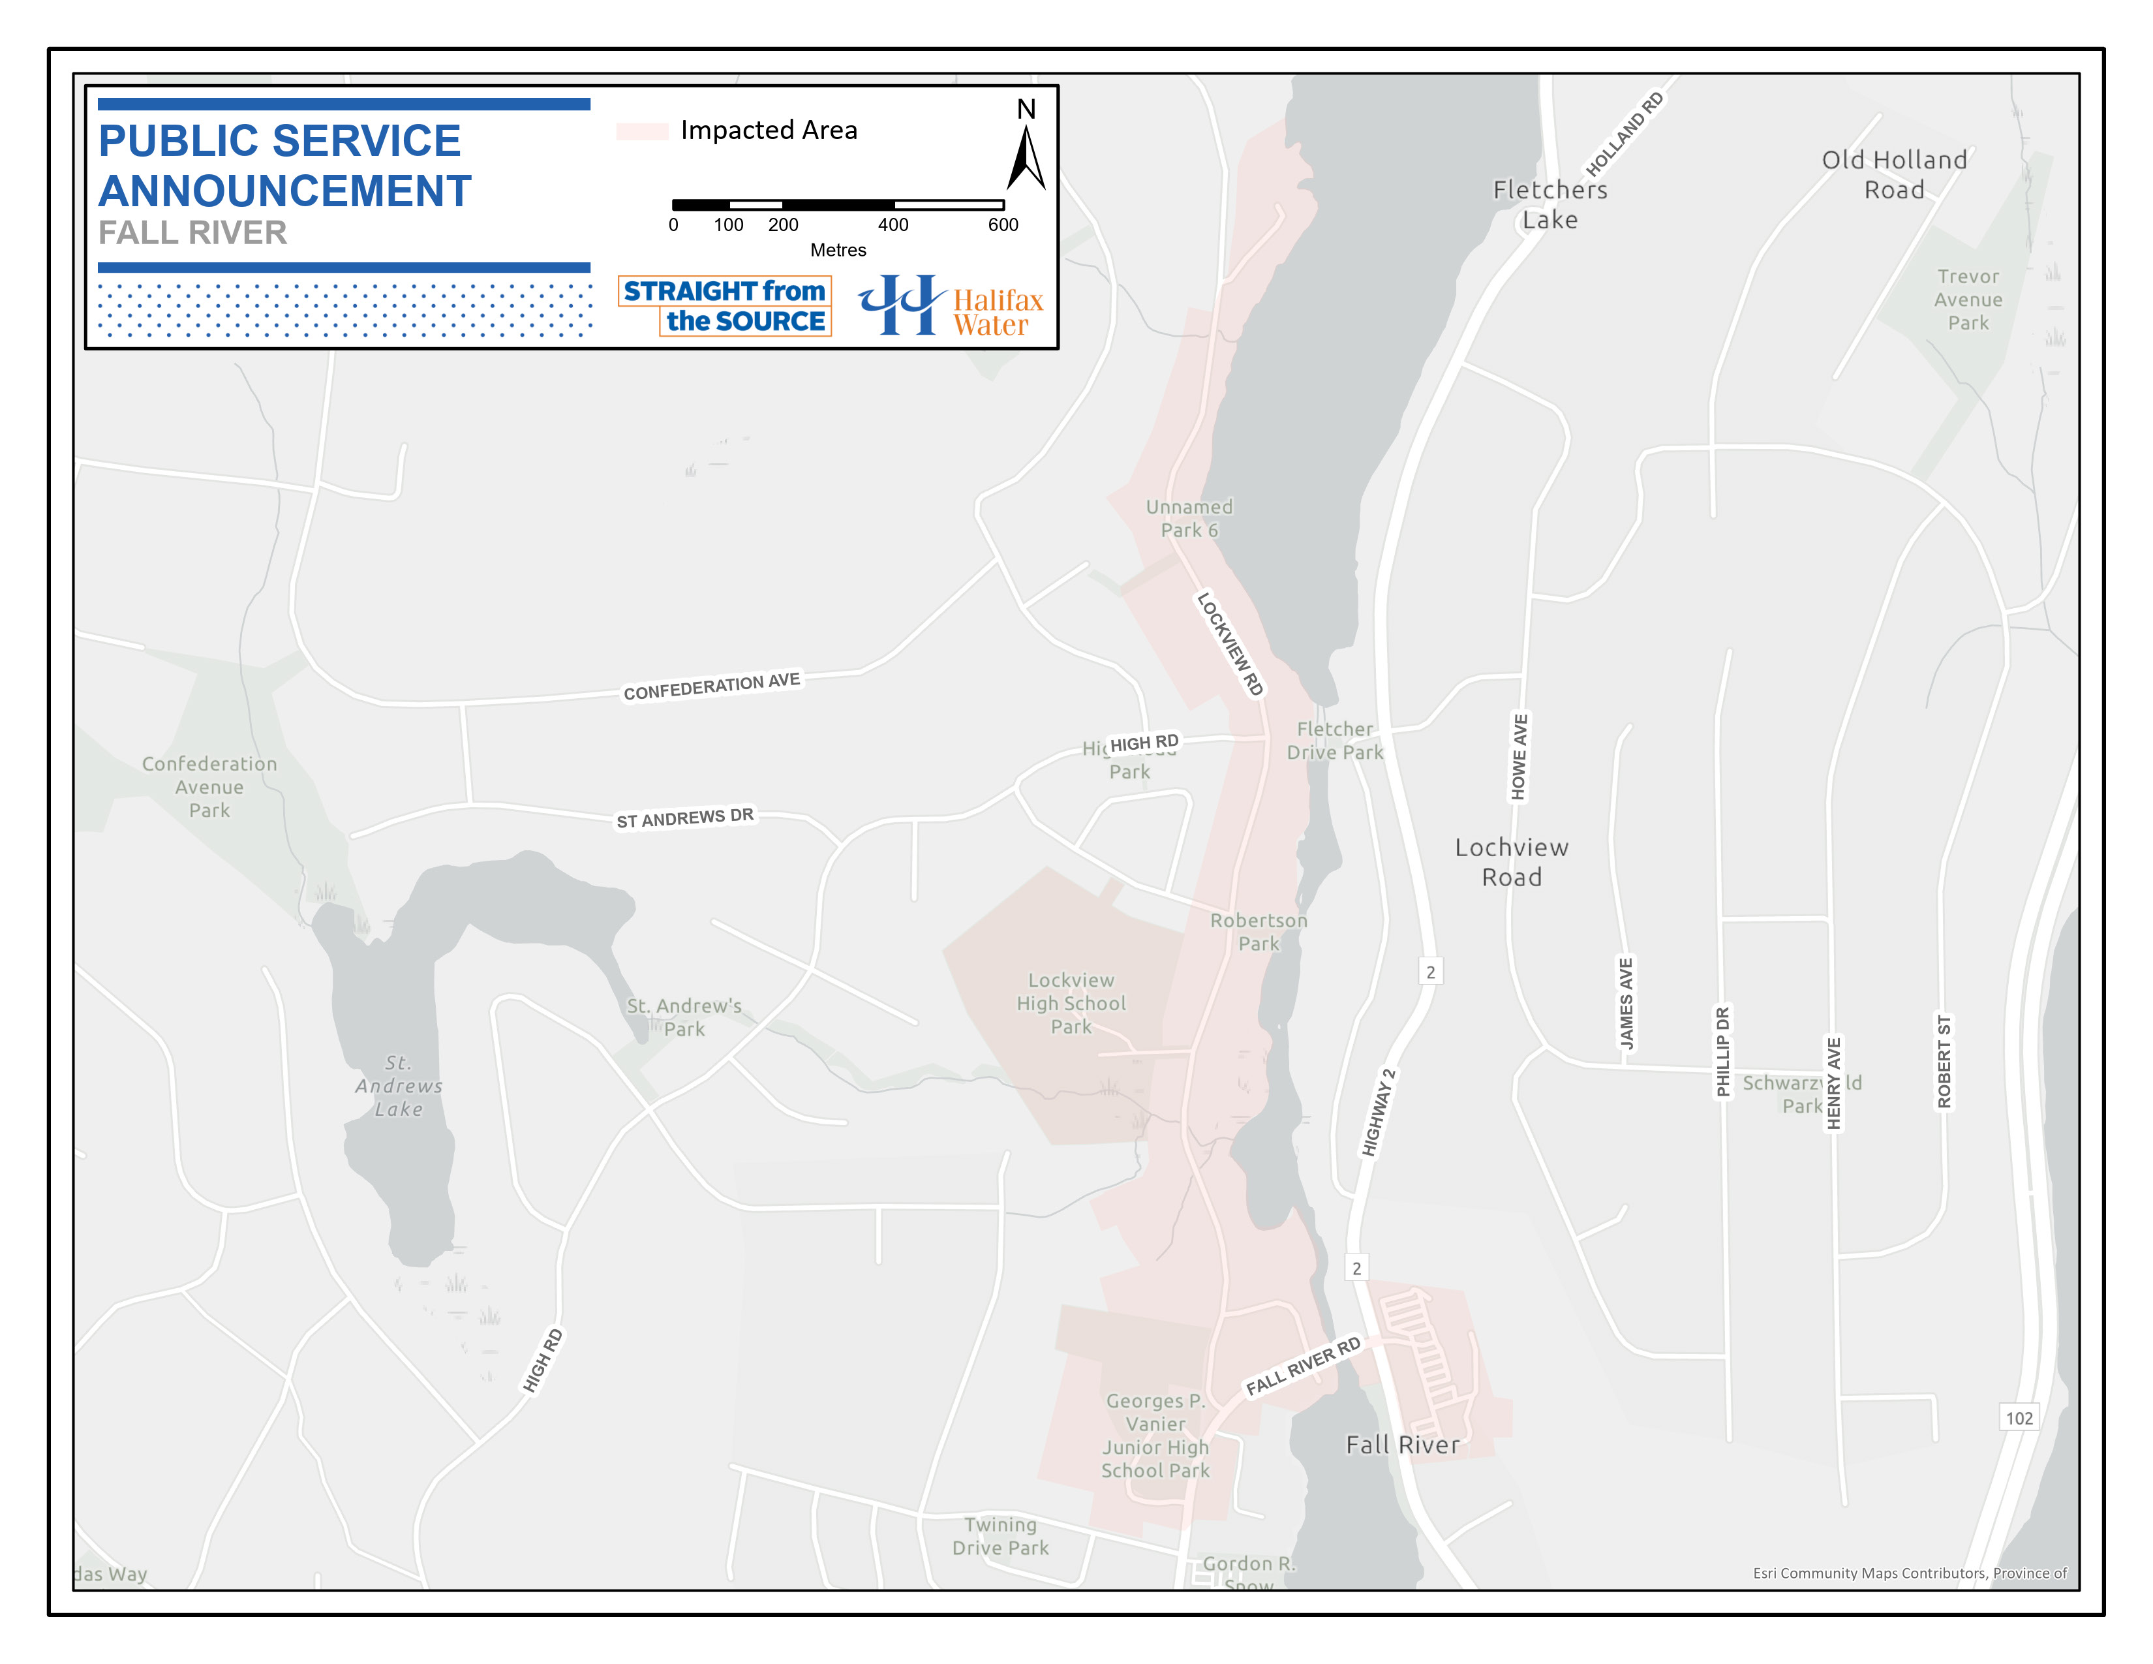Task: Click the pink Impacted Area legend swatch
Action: pyautogui.click(x=642, y=131)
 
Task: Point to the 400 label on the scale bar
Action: pyautogui.click(x=893, y=224)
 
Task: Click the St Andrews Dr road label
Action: pyautogui.click(x=685, y=818)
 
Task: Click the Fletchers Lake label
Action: pyautogui.click(x=1550, y=204)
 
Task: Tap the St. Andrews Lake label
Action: pyautogui.click(x=398, y=1085)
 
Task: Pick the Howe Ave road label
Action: pyautogui.click(x=1519, y=757)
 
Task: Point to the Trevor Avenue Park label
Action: pyautogui.click(x=1968, y=300)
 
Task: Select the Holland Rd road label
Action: pyautogui.click(x=1624, y=134)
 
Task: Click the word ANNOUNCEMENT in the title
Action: pyautogui.click(x=285, y=191)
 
